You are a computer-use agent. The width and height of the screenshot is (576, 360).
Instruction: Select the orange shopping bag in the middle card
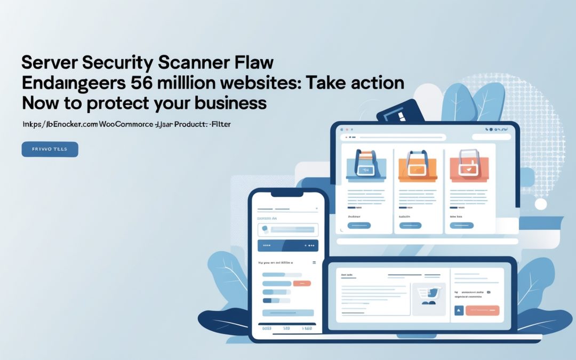(x=418, y=164)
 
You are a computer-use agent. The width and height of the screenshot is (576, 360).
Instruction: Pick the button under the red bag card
(x=461, y=226)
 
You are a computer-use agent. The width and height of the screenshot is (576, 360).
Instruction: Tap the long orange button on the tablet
(x=482, y=310)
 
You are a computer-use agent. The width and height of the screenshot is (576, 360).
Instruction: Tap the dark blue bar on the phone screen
(x=288, y=245)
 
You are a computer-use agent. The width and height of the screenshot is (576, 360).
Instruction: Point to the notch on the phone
(x=288, y=194)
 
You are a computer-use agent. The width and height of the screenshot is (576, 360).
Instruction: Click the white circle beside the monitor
(x=541, y=204)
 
